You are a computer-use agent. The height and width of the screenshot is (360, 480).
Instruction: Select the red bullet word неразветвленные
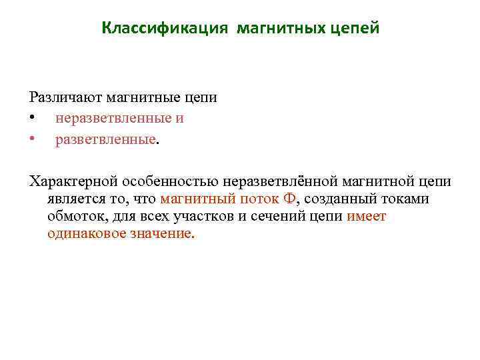click(x=113, y=119)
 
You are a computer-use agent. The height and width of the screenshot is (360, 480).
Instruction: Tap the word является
click(x=75, y=199)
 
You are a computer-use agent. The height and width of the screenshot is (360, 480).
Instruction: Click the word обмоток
click(x=74, y=217)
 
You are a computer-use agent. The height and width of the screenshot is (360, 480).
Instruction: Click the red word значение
click(x=164, y=235)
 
